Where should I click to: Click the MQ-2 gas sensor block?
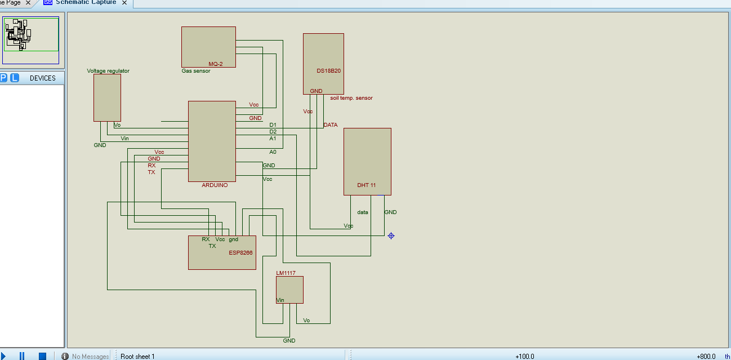[208, 47]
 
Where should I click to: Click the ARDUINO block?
[212, 141]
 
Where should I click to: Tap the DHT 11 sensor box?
[367, 161]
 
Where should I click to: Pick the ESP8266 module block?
[222, 252]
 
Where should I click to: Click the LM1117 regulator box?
[289, 290]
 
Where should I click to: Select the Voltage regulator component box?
[107, 97]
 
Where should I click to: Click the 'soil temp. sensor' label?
[351, 98]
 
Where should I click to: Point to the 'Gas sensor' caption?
[195, 71]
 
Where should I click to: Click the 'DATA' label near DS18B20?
[331, 125]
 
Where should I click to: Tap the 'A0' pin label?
[273, 152]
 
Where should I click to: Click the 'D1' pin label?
[273, 125]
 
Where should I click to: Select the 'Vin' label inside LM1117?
[280, 300]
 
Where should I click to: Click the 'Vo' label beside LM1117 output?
[306, 321]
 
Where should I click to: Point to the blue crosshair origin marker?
[391, 235]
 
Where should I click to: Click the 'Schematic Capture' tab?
[86, 3]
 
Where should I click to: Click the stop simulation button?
[42, 356]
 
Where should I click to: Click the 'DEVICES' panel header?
[43, 78]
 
